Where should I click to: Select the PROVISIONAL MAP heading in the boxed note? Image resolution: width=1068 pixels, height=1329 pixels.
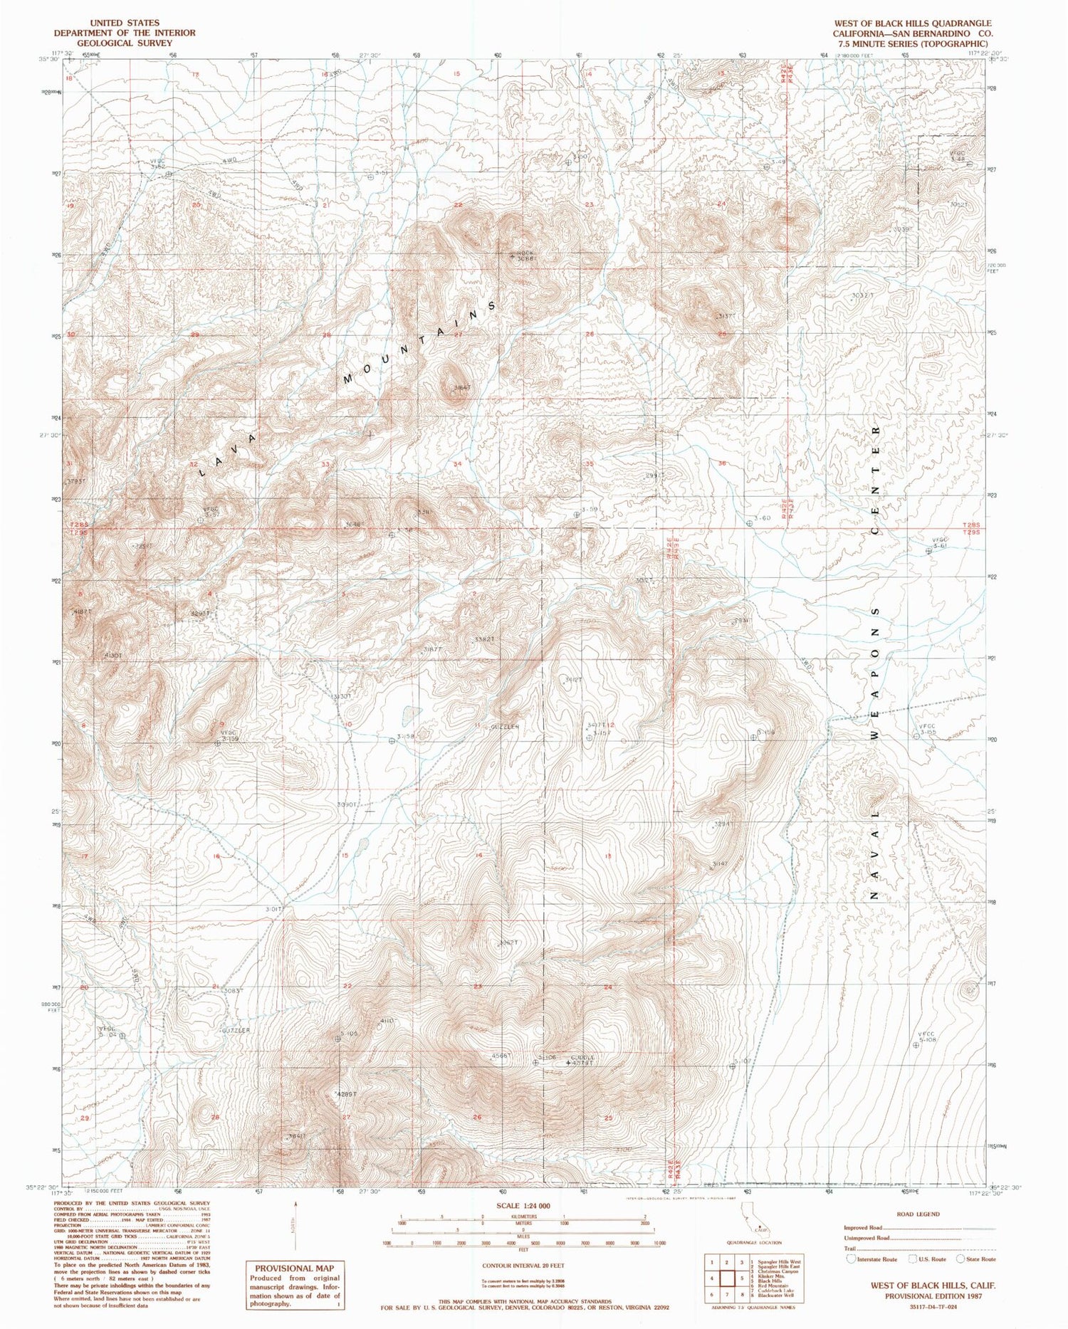tap(294, 1268)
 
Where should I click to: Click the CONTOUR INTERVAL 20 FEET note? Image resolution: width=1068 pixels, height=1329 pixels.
tap(523, 1266)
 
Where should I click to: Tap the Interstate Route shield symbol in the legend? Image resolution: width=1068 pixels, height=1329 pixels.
tap(850, 1259)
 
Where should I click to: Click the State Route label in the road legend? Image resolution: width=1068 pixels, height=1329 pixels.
tap(980, 1259)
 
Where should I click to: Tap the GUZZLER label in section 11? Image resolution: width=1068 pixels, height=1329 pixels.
tap(506, 727)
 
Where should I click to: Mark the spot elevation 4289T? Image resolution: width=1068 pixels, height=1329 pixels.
tap(345, 1093)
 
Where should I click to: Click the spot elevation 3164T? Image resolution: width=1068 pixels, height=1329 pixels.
tap(461, 387)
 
